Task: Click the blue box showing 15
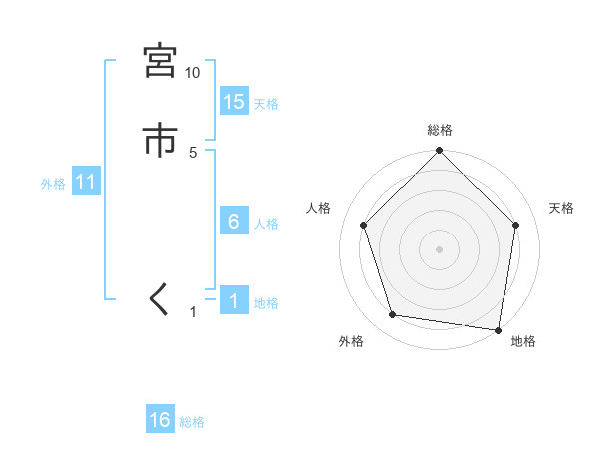point(234,101)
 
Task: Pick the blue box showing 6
point(234,222)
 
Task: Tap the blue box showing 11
point(86,183)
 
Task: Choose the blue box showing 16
point(160,420)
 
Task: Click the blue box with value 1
point(234,302)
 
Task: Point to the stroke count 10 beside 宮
point(192,73)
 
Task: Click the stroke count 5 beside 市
point(193,152)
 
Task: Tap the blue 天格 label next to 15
point(266,103)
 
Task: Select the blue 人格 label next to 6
point(266,224)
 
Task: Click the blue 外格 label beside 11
point(53,184)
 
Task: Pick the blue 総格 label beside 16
point(192,422)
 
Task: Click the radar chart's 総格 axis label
point(440,130)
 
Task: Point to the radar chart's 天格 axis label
point(562,208)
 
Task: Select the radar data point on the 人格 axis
point(363,225)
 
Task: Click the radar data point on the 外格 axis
point(393,315)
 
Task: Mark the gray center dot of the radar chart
point(440,248)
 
